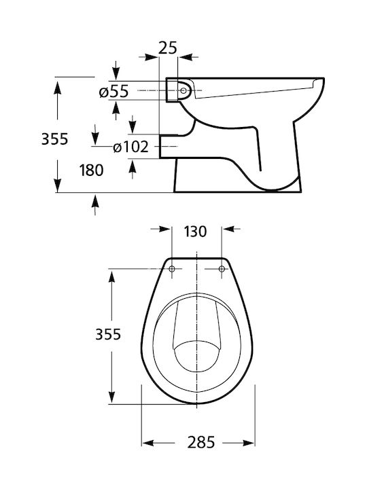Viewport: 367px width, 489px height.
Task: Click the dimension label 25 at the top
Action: click(x=168, y=48)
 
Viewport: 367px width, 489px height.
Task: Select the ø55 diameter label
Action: click(x=113, y=92)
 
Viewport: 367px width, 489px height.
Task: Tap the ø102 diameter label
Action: click(x=130, y=147)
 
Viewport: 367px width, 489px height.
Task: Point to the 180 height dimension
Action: click(x=91, y=170)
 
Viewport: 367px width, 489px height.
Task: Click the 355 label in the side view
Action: click(x=54, y=139)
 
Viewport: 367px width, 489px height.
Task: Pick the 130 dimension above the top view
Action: click(x=195, y=232)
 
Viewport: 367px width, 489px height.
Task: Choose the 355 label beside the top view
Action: click(x=108, y=334)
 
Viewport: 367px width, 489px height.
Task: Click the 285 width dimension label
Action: click(x=201, y=442)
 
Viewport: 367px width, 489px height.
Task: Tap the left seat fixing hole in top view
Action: click(x=172, y=268)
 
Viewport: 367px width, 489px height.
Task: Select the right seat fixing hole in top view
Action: click(x=222, y=268)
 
